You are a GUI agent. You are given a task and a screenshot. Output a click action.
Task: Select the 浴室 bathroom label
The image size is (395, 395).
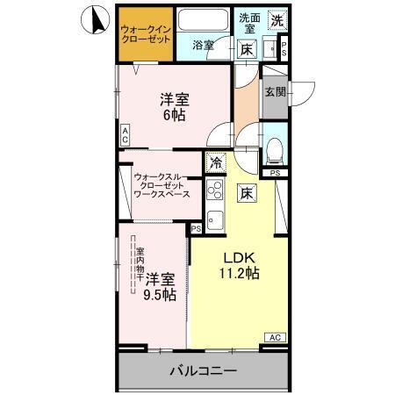coord(204,47)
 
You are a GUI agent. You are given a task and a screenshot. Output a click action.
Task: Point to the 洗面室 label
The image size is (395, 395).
coord(249,23)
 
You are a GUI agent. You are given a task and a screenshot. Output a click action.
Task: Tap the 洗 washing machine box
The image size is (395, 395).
coord(276,19)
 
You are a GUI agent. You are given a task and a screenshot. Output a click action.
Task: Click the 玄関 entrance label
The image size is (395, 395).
coord(274,91)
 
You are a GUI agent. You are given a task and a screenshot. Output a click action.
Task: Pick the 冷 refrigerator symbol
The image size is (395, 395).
coord(215,162)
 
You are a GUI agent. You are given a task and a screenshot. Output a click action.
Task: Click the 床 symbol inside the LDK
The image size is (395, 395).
coord(248,193)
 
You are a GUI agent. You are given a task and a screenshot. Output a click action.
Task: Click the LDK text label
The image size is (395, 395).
coord(238,258)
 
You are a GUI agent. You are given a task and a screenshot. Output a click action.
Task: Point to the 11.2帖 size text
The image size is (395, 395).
coord(239,274)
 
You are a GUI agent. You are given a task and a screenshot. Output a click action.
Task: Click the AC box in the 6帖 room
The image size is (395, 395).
coord(126,135)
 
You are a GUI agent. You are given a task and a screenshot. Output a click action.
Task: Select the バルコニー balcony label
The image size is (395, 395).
coord(203,371)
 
